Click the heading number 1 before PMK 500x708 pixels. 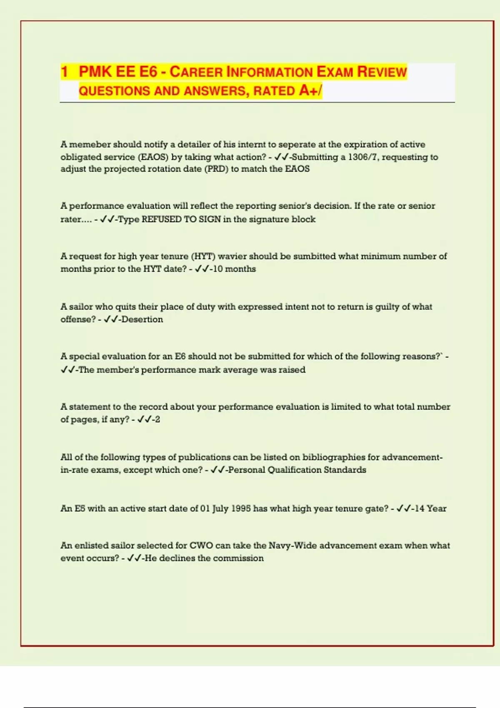click(x=64, y=72)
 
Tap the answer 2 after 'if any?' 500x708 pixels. click(x=157, y=419)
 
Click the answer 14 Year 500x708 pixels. click(x=430, y=509)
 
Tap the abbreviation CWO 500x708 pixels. click(x=201, y=546)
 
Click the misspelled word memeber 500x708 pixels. click(x=90, y=145)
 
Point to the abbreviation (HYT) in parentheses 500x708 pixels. click(x=203, y=257)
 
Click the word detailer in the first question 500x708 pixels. click(x=194, y=145)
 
